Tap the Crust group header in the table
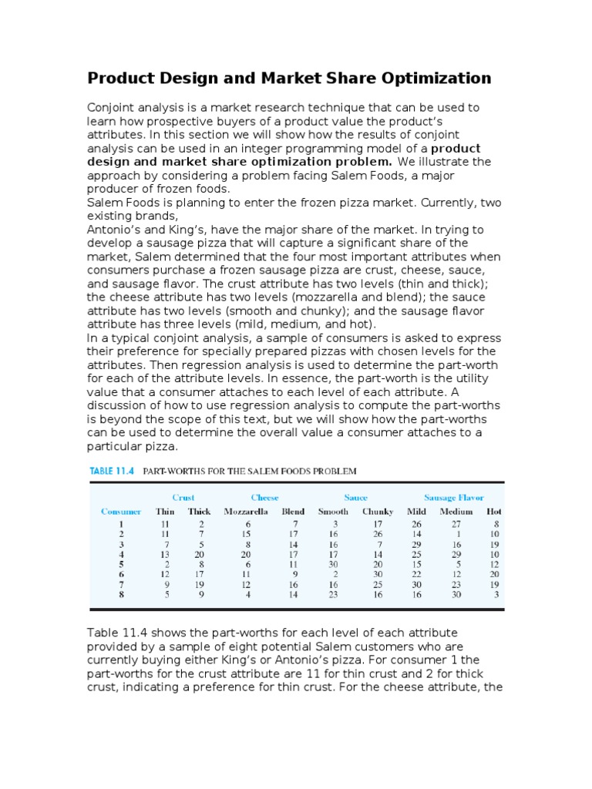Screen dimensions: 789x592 pyautogui.click(x=183, y=498)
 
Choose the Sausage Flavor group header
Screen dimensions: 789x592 pyautogui.click(x=454, y=498)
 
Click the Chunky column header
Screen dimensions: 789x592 pyautogui.click(x=378, y=512)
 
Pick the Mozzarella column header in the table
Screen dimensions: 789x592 pyautogui.click(x=246, y=512)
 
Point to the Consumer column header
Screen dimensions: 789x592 pyautogui.click(x=121, y=512)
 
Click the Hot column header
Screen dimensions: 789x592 pyautogui.click(x=493, y=512)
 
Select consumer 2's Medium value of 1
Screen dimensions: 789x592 pyautogui.click(x=458, y=533)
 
